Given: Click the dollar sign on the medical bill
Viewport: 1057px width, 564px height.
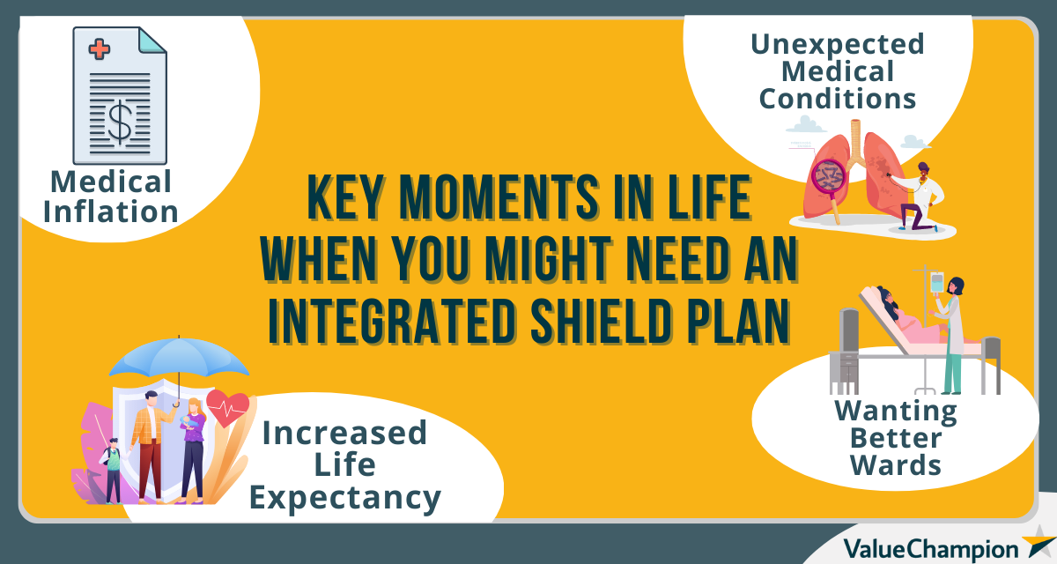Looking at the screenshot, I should pyautogui.click(x=120, y=121).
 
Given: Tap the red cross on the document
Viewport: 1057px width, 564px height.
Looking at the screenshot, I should pyautogui.click(x=100, y=50).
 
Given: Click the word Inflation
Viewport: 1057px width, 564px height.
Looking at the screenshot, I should pyautogui.click(x=111, y=211).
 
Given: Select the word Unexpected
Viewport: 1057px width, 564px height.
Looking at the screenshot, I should pyautogui.click(x=837, y=44).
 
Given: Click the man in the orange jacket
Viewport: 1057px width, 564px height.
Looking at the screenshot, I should pyautogui.click(x=151, y=441).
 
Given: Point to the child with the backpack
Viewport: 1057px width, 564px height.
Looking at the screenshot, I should pyautogui.click(x=112, y=471).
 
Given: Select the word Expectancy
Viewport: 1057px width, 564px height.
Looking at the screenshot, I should pyautogui.click(x=344, y=499).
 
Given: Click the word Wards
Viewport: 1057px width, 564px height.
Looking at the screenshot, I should pyautogui.click(x=896, y=464).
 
